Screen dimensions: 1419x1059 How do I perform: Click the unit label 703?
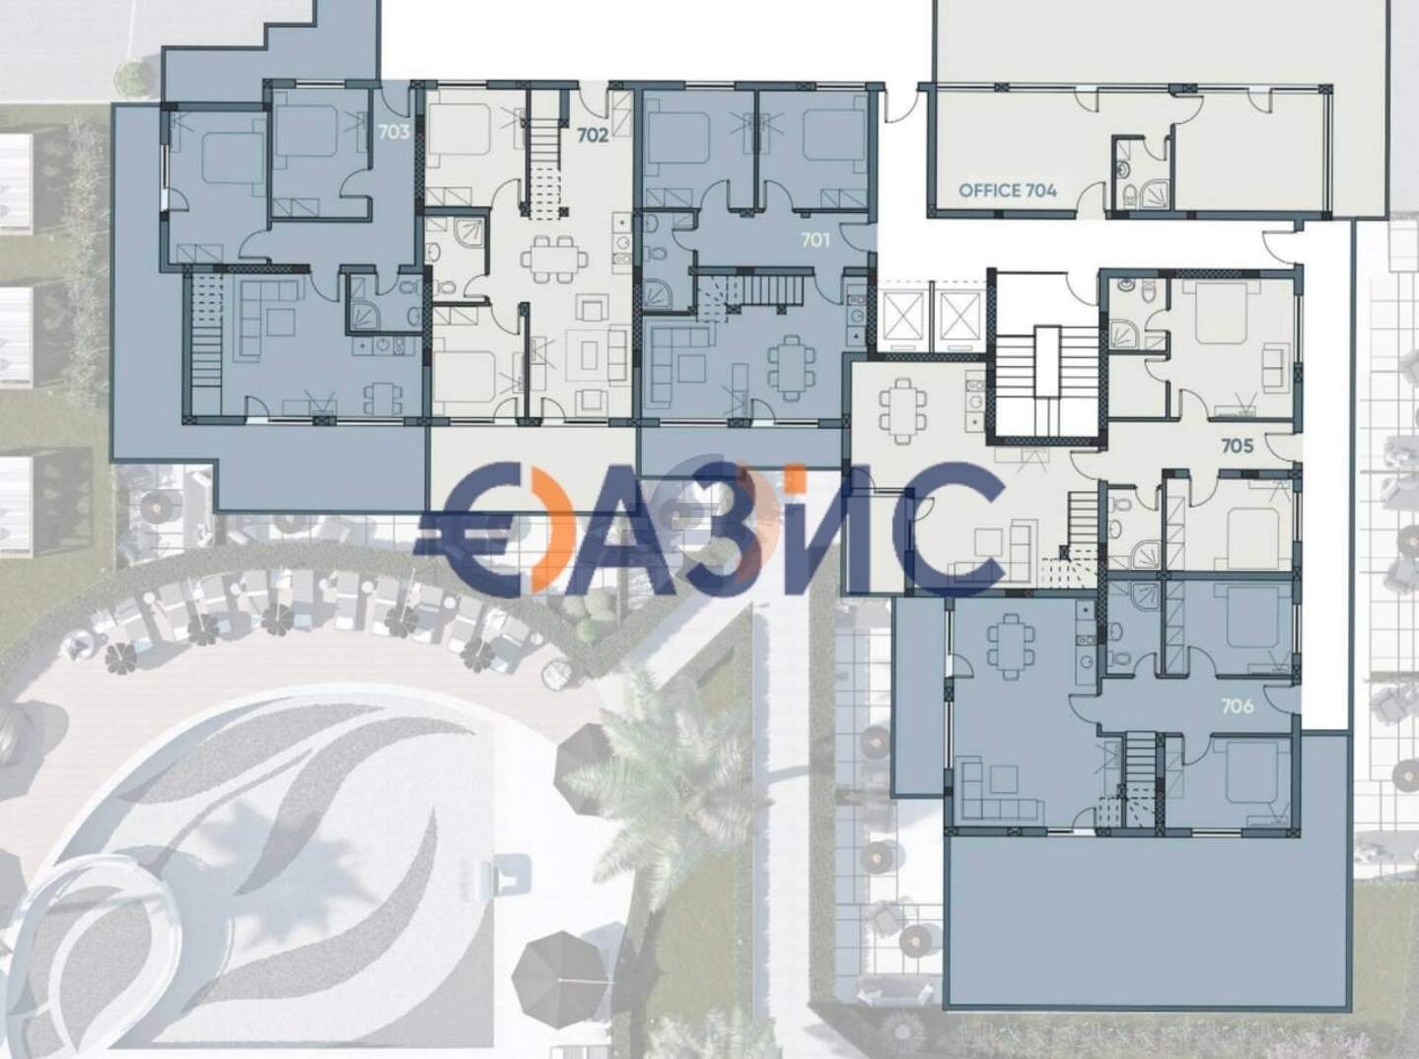(393, 132)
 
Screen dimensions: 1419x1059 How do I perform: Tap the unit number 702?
(593, 136)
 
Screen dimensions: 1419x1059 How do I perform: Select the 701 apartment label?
(816, 241)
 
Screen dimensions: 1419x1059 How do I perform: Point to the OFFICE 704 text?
(1008, 190)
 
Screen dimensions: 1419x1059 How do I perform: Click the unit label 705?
(1237, 446)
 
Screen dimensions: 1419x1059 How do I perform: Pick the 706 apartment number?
(1238, 707)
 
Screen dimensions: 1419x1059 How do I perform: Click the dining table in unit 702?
(554, 259)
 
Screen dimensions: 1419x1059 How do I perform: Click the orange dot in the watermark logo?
(798, 481)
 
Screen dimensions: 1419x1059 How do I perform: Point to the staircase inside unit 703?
(205, 345)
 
